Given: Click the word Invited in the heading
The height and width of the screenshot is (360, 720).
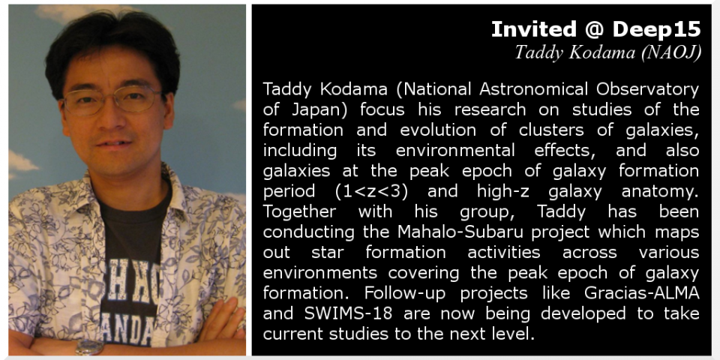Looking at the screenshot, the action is coord(533,29).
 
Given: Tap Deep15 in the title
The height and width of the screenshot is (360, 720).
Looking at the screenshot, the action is coord(657,30).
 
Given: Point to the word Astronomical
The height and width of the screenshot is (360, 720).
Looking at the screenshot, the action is coord(533,88).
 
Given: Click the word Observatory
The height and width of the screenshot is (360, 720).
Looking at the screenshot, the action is coord(647,89).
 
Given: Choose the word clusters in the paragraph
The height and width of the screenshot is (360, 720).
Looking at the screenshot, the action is coord(551,130).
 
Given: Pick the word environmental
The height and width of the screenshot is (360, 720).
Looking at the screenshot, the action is coord(455,150).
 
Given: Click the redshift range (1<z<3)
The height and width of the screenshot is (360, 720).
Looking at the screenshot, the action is coord(371,191).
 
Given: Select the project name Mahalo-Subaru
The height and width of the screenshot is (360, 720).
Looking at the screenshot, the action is coord(460,232).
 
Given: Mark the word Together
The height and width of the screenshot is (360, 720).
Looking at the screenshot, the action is coord(299,212).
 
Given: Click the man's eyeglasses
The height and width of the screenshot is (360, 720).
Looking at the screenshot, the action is coord(112,100).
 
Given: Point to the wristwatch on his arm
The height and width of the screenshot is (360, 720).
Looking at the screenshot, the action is coord(89,347).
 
